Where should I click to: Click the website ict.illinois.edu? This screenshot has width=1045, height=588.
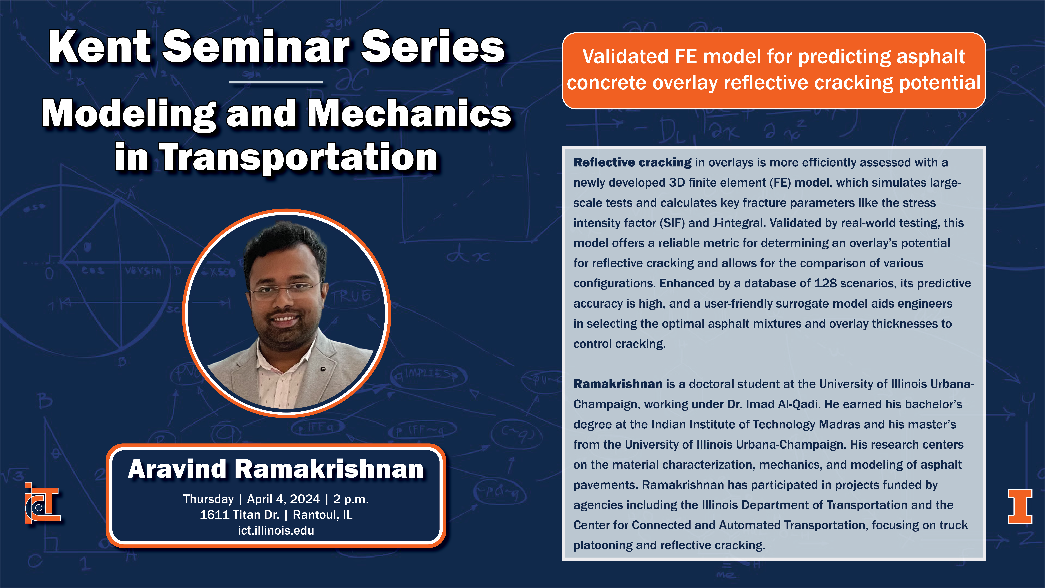tap(276, 530)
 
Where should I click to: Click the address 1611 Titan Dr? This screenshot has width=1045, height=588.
tap(239, 515)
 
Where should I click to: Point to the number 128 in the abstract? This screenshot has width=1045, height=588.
tap(825, 283)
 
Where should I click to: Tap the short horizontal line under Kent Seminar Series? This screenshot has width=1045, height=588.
tap(276, 82)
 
